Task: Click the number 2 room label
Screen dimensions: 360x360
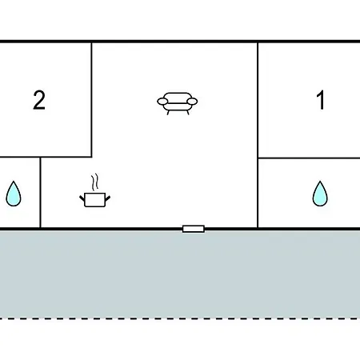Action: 39,100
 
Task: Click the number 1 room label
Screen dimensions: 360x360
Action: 321,100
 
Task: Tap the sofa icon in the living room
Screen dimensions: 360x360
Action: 178,103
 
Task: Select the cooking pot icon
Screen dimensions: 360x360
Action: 95,199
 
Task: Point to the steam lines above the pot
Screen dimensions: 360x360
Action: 94,182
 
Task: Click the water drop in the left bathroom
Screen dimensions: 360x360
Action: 14,194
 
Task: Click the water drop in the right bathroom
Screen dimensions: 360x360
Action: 320,194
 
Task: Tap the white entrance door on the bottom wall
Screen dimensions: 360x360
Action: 194,229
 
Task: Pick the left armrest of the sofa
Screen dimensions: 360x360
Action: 162,102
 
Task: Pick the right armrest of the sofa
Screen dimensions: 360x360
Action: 192,102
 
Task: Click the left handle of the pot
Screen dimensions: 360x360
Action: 82,198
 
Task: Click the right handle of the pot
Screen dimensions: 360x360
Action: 108,198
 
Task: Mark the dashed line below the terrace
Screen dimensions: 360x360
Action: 180,318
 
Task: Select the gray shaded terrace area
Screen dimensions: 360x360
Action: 180,274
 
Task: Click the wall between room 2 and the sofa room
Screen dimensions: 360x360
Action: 92,100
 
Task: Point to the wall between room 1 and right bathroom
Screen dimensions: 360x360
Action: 309,158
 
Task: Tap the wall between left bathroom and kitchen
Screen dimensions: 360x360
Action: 40,193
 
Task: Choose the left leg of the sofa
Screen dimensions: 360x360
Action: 168,113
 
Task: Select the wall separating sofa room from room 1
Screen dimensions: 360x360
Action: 258,135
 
